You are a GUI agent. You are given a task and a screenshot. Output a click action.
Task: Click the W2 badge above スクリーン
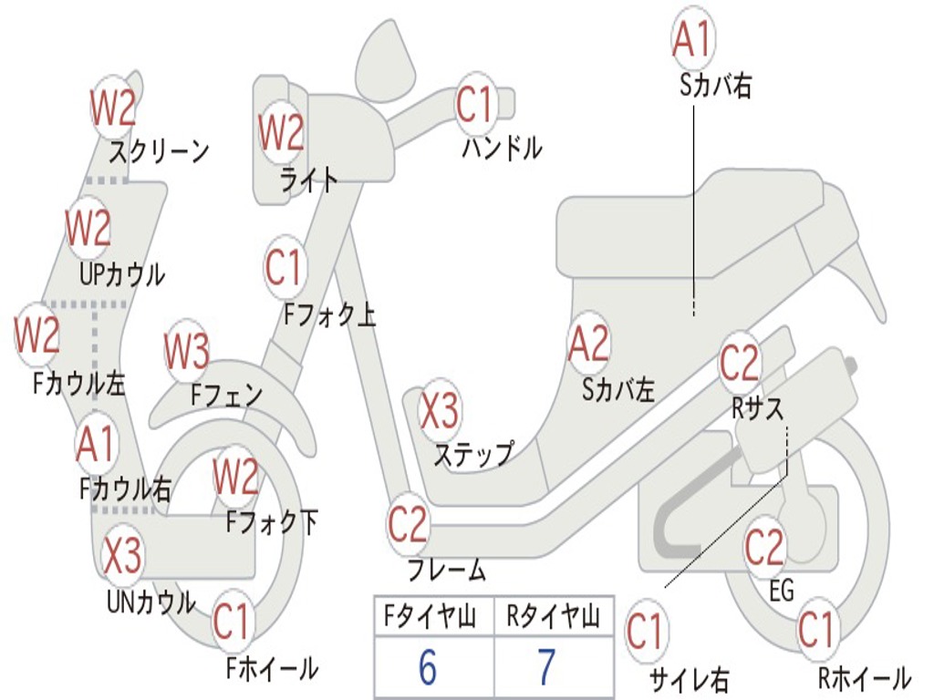(x=113, y=108)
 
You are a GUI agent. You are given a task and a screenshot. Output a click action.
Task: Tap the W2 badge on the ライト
(x=281, y=132)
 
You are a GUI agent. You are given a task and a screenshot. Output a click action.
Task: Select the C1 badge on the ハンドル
(x=474, y=104)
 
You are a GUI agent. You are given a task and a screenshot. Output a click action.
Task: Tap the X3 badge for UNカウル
(x=122, y=556)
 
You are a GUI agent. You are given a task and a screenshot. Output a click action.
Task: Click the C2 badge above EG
(x=764, y=547)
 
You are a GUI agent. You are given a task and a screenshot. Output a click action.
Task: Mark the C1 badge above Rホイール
(x=815, y=630)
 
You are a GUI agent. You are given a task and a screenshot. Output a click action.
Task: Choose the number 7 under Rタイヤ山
(x=545, y=668)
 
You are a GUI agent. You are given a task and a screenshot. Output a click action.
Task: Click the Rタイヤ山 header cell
(x=553, y=619)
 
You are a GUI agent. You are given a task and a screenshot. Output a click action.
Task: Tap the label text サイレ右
(x=689, y=679)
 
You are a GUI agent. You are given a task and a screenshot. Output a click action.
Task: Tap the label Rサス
(x=758, y=409)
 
